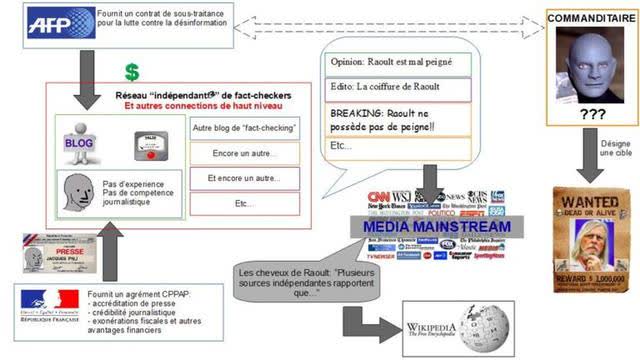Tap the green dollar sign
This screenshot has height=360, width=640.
(x=131, y=72)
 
